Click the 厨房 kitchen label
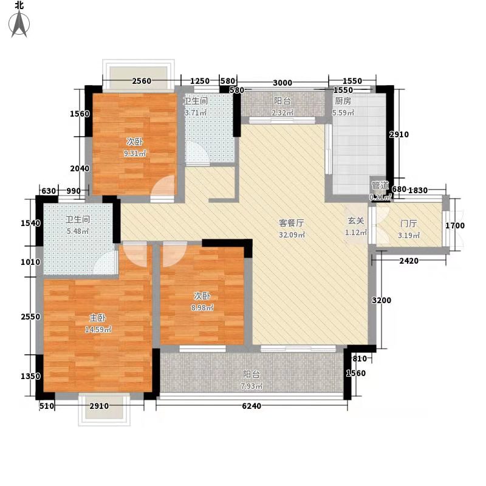[x=343, y=101]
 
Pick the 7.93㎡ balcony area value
[x=251, y=386]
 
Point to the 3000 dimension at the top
[x=282, y=83]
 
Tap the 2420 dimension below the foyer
[x=410, y=262]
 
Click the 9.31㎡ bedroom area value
[x=135, y=153]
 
